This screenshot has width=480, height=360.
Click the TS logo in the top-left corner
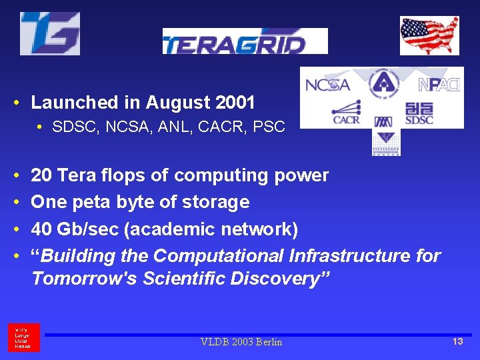click(x=50, y=33)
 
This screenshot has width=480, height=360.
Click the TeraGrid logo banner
click(x=245, y=41)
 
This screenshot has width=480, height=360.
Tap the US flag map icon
click(x=429, y=35)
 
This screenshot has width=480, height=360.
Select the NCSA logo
click(x=327, y=85)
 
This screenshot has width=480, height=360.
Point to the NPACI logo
click(x=439, y=85)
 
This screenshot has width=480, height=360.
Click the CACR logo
click(x=347, y=112)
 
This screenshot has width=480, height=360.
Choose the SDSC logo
click(x=419, y=113)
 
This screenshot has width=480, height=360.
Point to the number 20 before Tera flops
click(x=41, y=175)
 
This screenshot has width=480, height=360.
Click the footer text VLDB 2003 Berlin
click(x=241, y=342)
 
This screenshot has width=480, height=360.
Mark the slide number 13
click(x=457, y=341)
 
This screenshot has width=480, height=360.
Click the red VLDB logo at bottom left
click(x=24, y=338)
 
